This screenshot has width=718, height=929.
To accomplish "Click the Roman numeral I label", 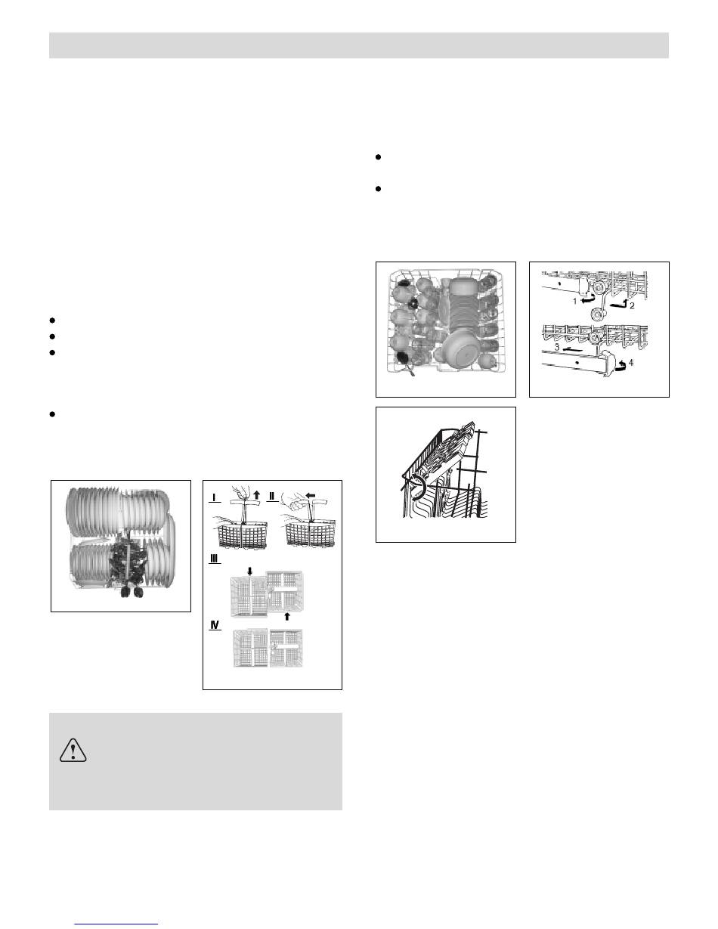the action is point(214,497).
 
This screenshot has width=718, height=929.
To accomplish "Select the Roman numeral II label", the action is point(272,497).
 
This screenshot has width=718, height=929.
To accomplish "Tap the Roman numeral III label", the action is point(215,559).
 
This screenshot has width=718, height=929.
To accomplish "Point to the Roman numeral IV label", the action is point(215,625).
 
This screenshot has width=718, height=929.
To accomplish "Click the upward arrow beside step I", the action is point(256,495).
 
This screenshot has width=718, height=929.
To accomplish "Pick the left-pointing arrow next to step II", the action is point(311,496).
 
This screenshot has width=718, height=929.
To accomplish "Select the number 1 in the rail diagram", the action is point(575,302).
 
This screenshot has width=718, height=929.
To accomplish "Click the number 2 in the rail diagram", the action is point(632,306).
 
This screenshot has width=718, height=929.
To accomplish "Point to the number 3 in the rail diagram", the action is point(557,348).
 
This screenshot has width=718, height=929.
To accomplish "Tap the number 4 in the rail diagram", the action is point(631,363).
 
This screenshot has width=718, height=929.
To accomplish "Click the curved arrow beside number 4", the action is point(623,364).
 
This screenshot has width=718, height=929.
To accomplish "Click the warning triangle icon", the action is point(73,751).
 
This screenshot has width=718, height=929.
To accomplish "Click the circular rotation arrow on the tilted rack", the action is point(416,488).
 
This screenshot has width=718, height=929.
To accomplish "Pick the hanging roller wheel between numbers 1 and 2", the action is point(596,315).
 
